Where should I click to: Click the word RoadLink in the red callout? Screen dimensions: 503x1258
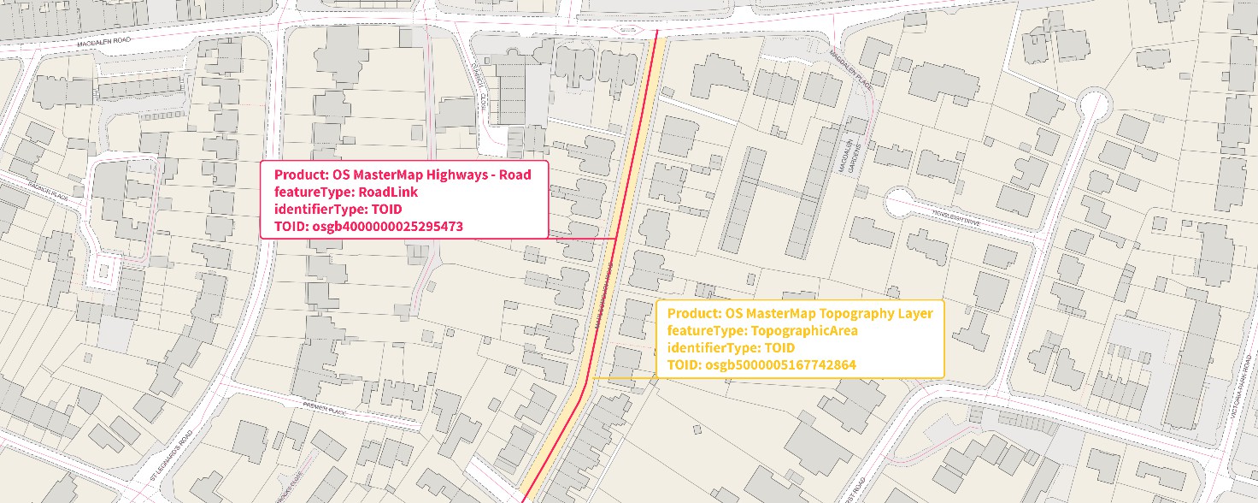(x=387, y=192)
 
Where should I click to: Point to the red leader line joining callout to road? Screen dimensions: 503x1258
(x=581, y=237)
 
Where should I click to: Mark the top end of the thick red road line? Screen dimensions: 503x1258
(x=657, y=34)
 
